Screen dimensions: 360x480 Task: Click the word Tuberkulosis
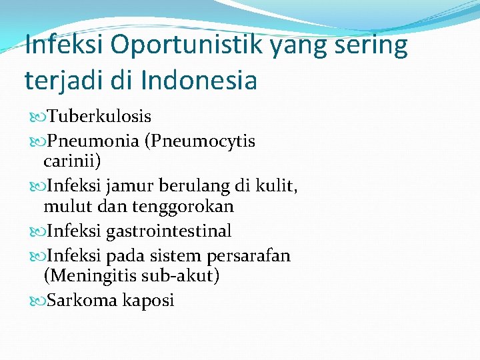click(99, 117)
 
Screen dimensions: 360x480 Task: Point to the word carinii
click(71, 161)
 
